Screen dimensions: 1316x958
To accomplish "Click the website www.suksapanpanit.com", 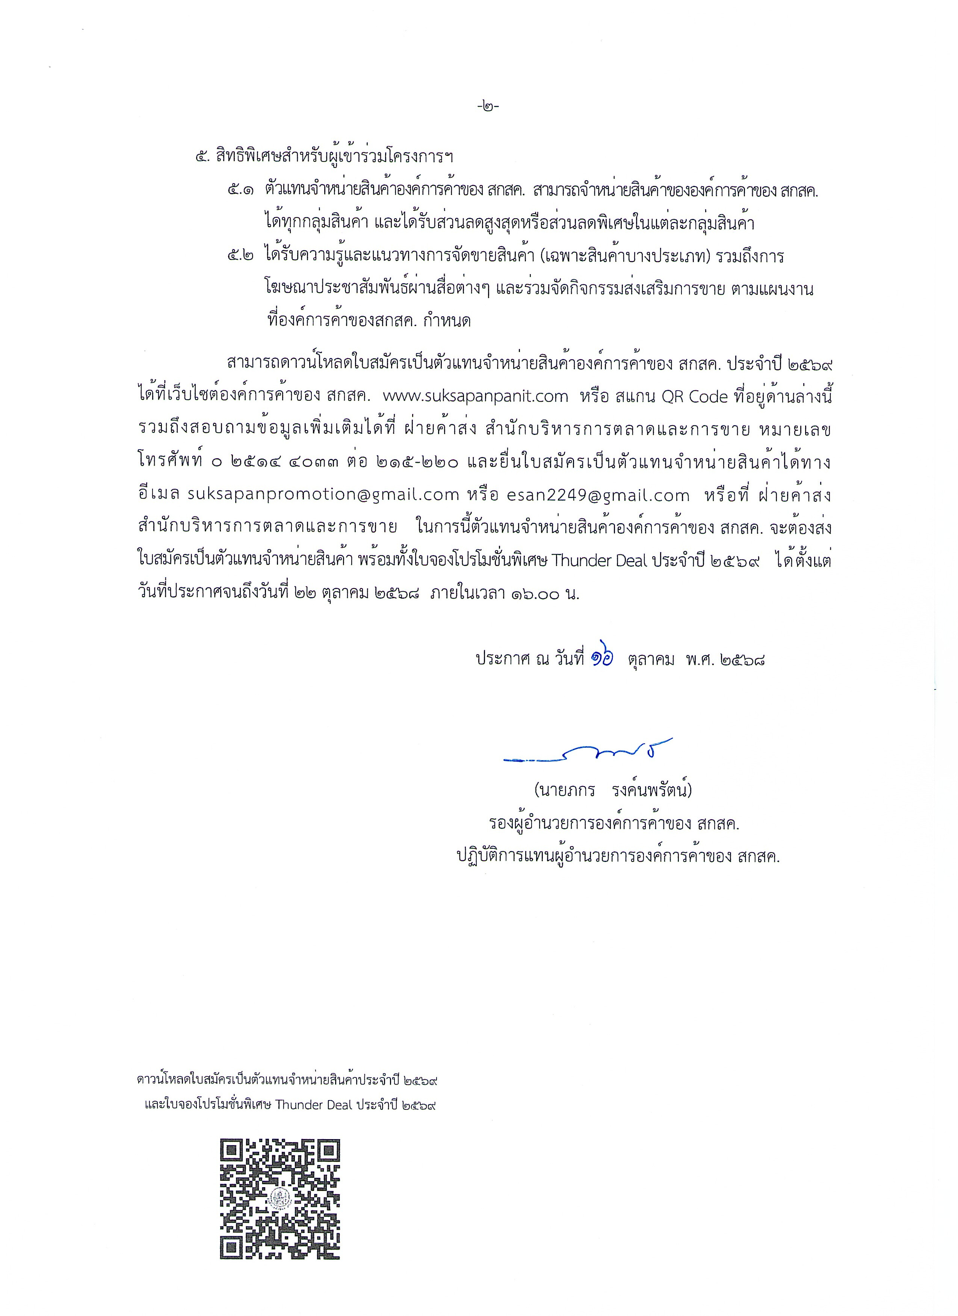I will coord(476,396).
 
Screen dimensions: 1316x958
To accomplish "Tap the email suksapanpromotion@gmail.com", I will coord(323,495).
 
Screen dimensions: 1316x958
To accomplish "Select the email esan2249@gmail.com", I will coord(598,495).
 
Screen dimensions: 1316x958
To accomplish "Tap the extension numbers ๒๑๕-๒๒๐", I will coord(418,462).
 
